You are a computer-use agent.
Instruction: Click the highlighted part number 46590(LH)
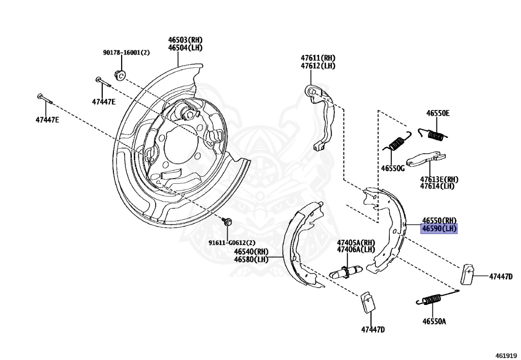pyautogui.click(x=439, y=229)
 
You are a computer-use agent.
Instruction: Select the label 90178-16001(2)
pyautogui.click(x=126, y=52)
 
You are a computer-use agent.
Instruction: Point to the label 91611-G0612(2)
pyautogui.click(x=231, y=243)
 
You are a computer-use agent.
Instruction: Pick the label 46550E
pyautogui.click(x=438, y=114)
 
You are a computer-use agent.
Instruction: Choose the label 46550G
pyautogui.click(x=392, y=168)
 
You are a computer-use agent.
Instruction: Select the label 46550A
pyautogui.click(x=434, y=321)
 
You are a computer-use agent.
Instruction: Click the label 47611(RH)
pyautogui.click(x=317, y=59)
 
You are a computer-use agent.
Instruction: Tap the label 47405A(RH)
pyautogui.click(x=356, y=242)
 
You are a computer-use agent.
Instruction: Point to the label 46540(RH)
pyautogui.click(x=251, y=251)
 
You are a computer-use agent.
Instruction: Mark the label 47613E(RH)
pyautogui.click(x=439, y=179)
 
